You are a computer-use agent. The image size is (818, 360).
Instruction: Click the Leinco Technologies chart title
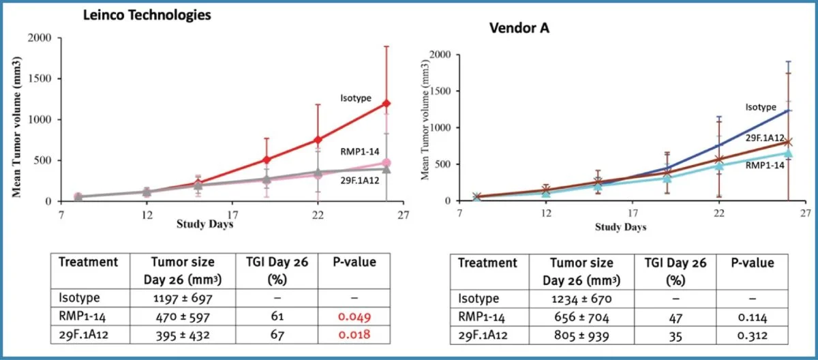(x=146, y=14)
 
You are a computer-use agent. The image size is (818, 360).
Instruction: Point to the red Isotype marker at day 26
(x=387, y=104)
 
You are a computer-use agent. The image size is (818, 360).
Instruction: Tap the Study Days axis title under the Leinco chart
(x=205, y=224)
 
